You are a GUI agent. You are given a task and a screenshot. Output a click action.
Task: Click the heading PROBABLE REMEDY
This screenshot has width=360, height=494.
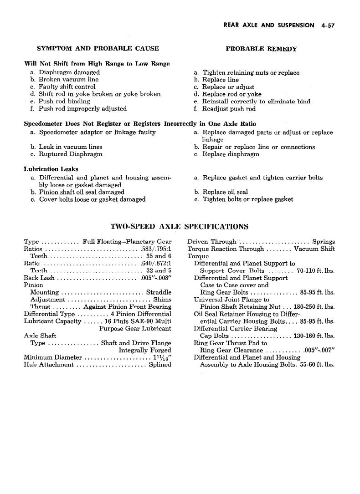(x=261, y=49)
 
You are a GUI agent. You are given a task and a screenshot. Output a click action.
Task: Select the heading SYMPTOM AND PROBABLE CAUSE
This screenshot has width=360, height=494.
(x=98, y=48)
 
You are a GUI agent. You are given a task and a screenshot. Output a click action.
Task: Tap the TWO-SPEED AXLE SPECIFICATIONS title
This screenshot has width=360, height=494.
(x=180, y=226)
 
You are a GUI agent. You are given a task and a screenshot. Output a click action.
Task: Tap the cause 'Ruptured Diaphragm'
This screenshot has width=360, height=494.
(x=70, y=154)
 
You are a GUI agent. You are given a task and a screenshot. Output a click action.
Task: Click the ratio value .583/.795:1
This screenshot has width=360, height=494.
(x=155, y=249)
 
